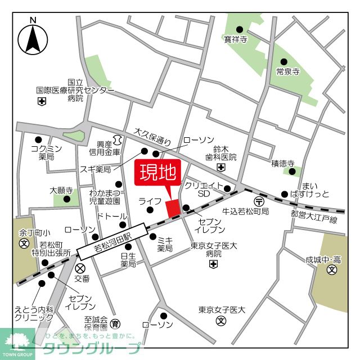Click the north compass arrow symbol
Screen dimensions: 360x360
tap(33, 38)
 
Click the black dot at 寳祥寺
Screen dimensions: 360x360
tap(240, 29)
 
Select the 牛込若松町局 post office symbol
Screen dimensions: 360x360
tap(258, 201)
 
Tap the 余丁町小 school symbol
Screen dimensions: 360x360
tap(24, 244)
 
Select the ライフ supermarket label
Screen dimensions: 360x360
tap(150, 201)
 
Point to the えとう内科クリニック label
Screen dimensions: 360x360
tap(33, 313)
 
